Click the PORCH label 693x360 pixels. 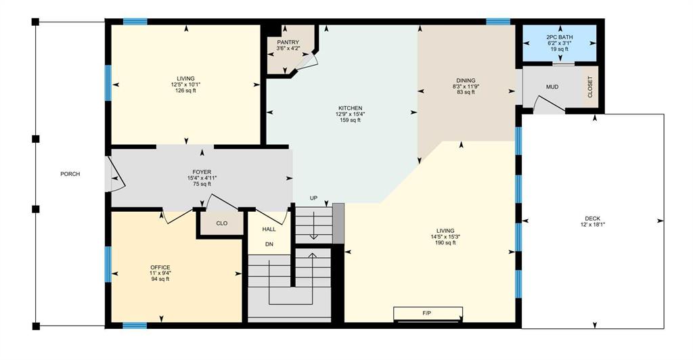click(70, 174)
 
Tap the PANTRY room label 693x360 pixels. click(288, 43)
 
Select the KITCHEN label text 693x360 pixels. click(350, 108)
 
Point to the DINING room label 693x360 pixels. click(466, 81)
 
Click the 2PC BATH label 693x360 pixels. click(560, 37)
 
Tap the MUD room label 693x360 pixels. click(552, 87)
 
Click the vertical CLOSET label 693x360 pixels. click(590, 87)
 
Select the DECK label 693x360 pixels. click(592, 219)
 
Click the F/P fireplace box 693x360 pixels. click(428, 313)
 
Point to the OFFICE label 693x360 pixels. click(160, 268)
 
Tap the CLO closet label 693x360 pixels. click(222, 223)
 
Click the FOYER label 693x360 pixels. click(202, 173)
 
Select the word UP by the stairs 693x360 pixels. click(313, 198)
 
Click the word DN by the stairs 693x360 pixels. click(269, 244)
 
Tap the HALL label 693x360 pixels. click(269, 229)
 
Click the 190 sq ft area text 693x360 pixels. click(445, 243)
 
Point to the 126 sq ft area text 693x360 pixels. click(185, 91)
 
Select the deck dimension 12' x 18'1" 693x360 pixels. click(592, 225)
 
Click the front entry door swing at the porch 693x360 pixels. click(116, 174)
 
